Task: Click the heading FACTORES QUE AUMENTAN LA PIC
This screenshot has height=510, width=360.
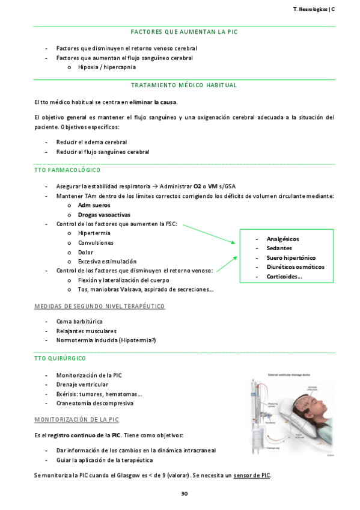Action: click(184, 32)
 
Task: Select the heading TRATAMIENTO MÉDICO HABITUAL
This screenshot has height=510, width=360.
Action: click(184, 85)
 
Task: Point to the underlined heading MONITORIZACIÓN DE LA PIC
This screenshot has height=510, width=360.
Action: click(76, 419)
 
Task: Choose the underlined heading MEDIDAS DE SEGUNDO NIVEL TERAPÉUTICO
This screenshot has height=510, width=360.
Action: click(99, 306)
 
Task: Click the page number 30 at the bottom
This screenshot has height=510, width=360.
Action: click(185, 494)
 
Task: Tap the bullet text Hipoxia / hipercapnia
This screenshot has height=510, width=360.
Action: click(107, 67)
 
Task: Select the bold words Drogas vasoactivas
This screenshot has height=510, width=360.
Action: click(104, 215)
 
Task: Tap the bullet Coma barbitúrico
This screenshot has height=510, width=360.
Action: click(79, 322)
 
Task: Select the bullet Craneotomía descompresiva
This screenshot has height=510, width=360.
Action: click(95, 403)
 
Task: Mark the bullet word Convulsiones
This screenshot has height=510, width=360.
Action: click(96, 243)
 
